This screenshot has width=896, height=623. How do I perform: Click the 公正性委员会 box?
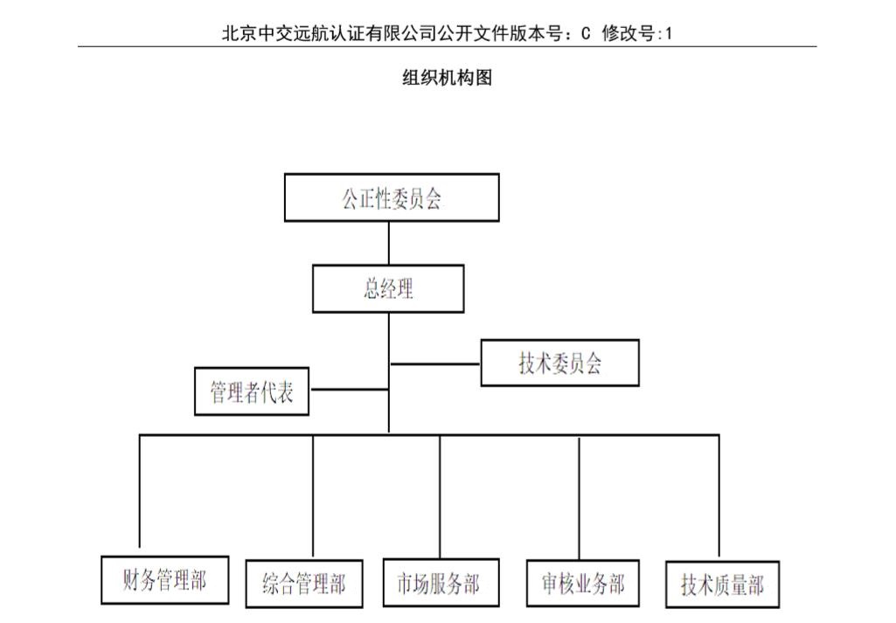point(392,197)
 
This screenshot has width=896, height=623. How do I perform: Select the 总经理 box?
point(388,288)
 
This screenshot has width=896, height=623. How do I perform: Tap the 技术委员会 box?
point(560,363)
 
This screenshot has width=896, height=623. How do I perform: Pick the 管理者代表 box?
point(252,391)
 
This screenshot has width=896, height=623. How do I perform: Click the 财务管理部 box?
point(164,580)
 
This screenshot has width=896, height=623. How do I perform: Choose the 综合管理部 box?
point(304,584)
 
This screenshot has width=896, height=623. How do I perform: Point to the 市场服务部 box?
point(441,583)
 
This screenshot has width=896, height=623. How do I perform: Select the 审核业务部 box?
point(582,583)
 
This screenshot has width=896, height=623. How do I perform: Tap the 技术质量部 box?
point(722,585)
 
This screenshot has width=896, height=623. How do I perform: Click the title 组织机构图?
point(447,77)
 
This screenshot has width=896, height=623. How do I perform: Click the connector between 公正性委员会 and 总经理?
point(389,243)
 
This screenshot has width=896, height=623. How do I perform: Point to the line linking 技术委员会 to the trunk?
point(435,363)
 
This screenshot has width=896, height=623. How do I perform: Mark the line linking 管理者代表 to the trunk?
point(349,390)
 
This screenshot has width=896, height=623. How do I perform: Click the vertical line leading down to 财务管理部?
point(140,491)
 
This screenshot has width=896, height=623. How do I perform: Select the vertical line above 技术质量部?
point(719,495)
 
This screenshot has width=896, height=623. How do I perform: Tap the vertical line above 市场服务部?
point(440,497)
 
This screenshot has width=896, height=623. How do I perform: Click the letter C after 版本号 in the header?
point(586,34)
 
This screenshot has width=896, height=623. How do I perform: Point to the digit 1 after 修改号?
point(669,34)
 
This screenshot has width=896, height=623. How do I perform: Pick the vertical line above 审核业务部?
point(579,499)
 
